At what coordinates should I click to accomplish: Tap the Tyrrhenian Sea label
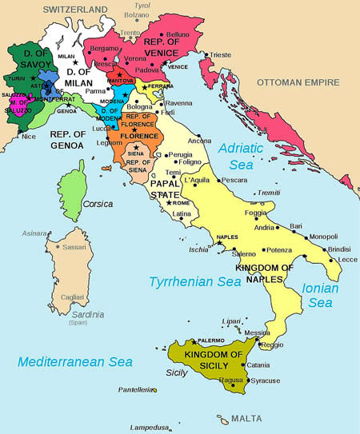click(195, 281)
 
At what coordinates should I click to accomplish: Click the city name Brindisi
click(330, 249)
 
